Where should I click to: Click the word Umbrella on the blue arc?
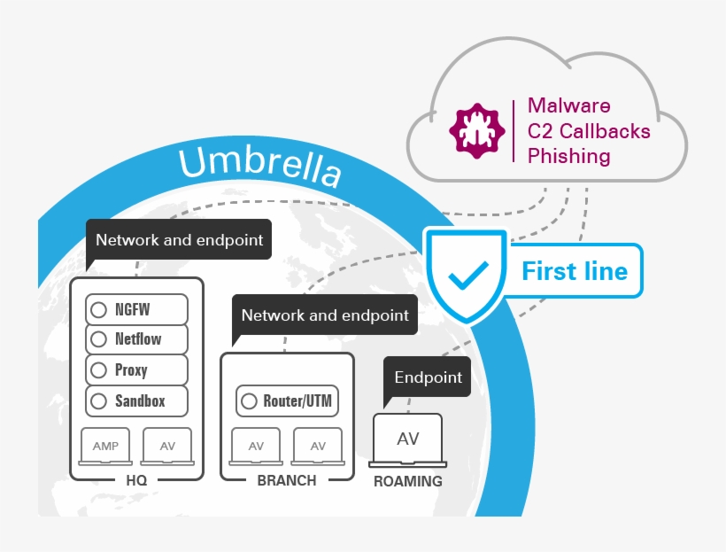pyautogui.click(x=259, y=167)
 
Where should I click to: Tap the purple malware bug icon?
pyautogui.click(x=475, y=130)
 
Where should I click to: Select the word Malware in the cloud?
pyautogui.click(x=568, y=105)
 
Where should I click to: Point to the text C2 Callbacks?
pyautogui.click(x=589, y=131)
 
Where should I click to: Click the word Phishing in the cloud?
pyautogui.click(x=568, y=157)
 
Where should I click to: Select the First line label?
pyautogui.click(x=575, y=270)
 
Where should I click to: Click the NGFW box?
pyautogui.click(x=137, y=310)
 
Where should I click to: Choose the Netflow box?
pyautogui.click(x=137, y=339)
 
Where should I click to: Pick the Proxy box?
pyautogui.click(x=137, y=369)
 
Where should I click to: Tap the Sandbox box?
pyautogui.click(x=137, y=400)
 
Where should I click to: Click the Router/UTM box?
pyautogui.click(x=287, y=400)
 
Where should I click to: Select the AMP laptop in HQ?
pyautogui.click(x=105, y=446)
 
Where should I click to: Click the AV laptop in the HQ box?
pyautogui.click(x=167, y=446)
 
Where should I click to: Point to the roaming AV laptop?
pyautogui.click(x=408, y=440)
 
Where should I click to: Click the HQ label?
pyautogui.click(x=136, y=480)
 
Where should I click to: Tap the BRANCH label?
pyautogui.click(x=286, y=480)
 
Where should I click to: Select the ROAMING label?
pyautogui.click(x=407, y=482)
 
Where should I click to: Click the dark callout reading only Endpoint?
pyautogui.click(x=428, y=378)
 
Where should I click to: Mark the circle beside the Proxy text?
pyautogui.click(x=99, y=370)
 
